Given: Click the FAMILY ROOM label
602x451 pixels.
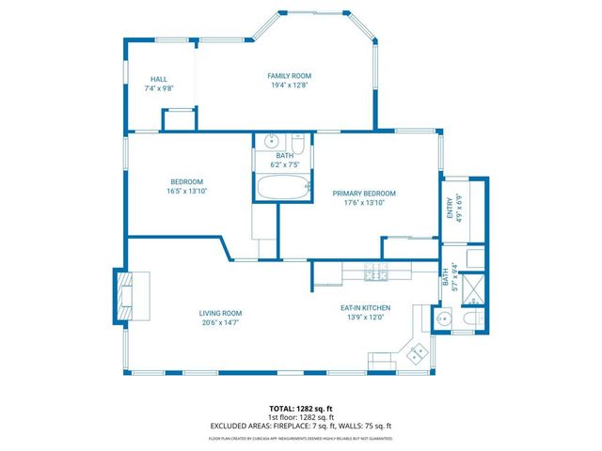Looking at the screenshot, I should (x=289, y=76).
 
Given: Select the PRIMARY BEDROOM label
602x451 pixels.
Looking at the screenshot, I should (x=364, y=194).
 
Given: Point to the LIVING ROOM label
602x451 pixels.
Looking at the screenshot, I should (x=220, y=313).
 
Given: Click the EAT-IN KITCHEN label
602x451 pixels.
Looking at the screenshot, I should (x=365, y=307).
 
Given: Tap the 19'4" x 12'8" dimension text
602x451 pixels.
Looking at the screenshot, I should (x=289, y=86).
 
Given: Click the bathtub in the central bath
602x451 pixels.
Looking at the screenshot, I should (x=283, y=188).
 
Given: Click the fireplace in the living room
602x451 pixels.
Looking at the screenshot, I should (x=127, y=296).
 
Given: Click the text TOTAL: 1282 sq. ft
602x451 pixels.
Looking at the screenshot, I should (x=300, y=409).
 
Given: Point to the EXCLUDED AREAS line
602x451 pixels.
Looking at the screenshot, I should (x=300, y=426).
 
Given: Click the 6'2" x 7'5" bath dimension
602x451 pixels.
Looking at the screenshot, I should (x=284, y=165).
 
